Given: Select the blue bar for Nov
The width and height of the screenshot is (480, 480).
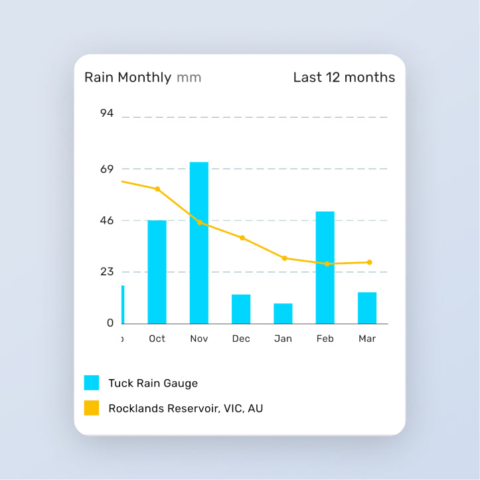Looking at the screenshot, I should tap(199, 242).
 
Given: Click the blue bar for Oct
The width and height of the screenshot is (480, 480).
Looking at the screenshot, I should tap(157, 272).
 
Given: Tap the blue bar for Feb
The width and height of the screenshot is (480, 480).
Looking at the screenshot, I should tap(325, 267).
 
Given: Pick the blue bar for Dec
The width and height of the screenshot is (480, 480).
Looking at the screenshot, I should tap(241, 309).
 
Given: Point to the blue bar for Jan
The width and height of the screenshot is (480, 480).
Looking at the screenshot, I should tap(283, 313).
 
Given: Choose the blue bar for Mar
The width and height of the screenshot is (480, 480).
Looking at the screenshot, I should tap(367, 307).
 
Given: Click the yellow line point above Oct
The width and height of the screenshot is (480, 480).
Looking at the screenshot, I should tap(157, 189).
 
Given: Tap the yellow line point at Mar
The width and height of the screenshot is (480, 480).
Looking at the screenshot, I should tap(369, 262).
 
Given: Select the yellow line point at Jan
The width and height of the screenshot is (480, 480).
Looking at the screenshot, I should tap(285, 258).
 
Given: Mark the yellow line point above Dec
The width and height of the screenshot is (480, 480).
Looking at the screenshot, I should tap(242, 238).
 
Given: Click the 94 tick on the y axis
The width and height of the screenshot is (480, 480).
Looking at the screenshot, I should tap(107, 114).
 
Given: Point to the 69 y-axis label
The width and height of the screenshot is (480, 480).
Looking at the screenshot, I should tap(107, 169).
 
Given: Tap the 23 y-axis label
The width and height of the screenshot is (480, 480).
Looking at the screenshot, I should tap(107, 272).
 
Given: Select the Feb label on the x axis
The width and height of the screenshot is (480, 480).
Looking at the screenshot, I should tap(325, 339).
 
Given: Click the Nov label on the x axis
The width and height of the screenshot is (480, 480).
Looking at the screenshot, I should tap(199, 339).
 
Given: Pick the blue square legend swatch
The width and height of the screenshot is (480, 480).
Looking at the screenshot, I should tap(92, 383).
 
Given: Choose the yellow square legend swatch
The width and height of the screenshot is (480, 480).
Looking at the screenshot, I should tap(92, 408).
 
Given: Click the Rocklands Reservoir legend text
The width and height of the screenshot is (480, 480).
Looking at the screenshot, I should tap(185, 408).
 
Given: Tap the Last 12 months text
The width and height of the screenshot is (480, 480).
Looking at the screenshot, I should tap(344, 77).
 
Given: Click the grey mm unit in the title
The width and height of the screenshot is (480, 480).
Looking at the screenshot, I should tap(189, 78).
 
